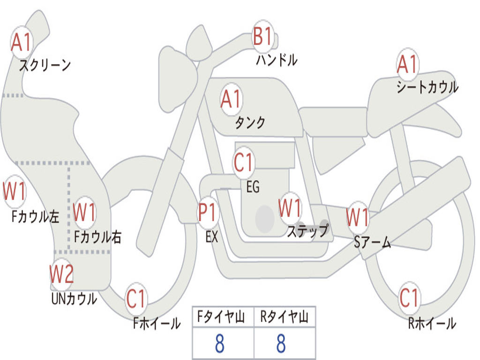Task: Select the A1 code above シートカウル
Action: (x=407, y=64)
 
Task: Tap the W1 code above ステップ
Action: (x=290, y=208)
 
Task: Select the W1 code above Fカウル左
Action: (x=15, y=191)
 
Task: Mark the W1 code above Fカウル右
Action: (x=85, y=212)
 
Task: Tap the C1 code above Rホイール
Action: (x=409, y=298)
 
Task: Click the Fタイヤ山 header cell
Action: (x=223, y=317)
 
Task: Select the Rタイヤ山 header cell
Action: (x=284, y=317)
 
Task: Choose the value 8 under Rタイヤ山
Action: (x=281, y=345)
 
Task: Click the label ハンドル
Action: (x=277, y=60)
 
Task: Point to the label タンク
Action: (x=250, y=123)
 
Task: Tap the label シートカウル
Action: (x=427, y=87)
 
